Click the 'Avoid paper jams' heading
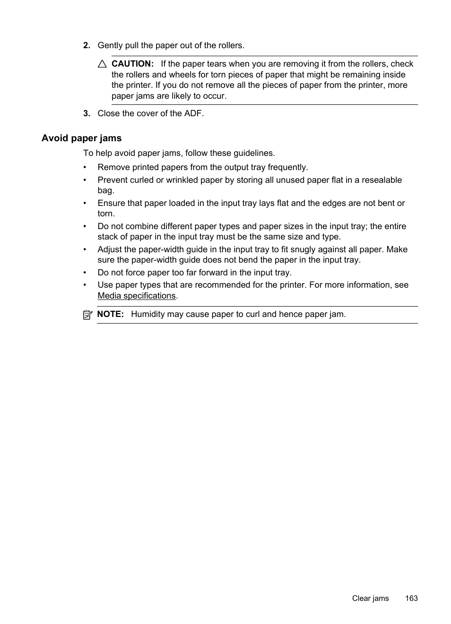(81, 138)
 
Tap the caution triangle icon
(102, 64)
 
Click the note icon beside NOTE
(87, 315)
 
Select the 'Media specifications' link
(137, 296)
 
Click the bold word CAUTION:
(132, 64)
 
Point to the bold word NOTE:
(110, 314)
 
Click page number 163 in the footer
(411, 598)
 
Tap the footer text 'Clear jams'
(370, 598)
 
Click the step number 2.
(87, 46)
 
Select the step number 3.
(87, 113)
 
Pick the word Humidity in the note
(148, 314)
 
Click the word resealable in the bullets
(382, 180)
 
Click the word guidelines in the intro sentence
(253, 153)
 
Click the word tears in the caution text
(217, 64)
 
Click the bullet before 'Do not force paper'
(85, 273)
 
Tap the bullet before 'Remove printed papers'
(85, 168)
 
